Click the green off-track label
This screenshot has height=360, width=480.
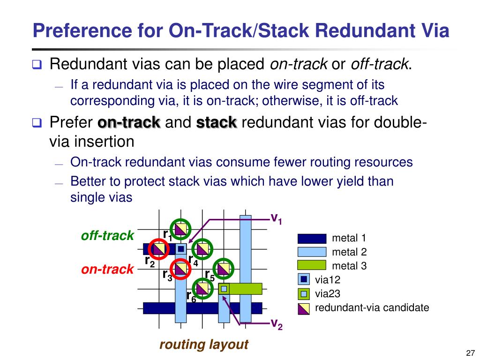pos(107,235)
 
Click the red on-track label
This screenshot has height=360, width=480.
pos(107,270)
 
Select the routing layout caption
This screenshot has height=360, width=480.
pos(203,345)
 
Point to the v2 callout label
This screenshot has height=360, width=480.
pos(277,323)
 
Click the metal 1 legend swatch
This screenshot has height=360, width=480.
pos(311,239)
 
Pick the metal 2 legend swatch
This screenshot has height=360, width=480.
pos(311,252)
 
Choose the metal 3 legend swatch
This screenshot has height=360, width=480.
pos(311,266)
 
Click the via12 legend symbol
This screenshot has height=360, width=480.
pos(304,280)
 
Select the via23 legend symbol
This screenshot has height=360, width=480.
pos(304,294)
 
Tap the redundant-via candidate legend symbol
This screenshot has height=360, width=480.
pos(304,308)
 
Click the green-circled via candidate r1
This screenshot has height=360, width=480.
pos(181,229)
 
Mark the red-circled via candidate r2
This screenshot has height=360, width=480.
pos(159,249)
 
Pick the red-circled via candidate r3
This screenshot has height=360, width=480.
pos(180,269)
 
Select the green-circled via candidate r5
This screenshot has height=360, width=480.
pos(224,269)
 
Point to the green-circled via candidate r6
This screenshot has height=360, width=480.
pos(202,288)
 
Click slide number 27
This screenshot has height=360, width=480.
pos(471,353)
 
